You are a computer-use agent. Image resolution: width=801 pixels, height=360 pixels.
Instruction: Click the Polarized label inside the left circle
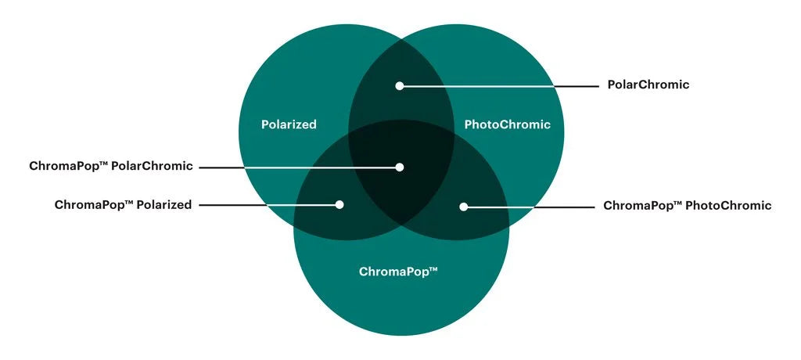pyautogui.click(x=289, y=124)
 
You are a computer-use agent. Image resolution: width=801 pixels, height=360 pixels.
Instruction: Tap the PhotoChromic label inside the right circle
pyautogui.click(x=507, y=124)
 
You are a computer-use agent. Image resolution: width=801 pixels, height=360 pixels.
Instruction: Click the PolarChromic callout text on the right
pyautogui.click(x=648, y=85)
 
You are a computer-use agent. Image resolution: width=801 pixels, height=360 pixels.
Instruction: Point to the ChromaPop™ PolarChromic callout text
pyautogui.click(x=110, y=166)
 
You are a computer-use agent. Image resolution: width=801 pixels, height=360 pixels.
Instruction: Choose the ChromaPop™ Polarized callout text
pyautogui.click(x=123, y=205)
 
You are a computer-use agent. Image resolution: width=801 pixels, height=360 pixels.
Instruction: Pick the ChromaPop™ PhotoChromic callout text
pyautogui.click(x=687, y=206)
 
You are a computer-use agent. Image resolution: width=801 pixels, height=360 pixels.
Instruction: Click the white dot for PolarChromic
pyautogui.click(x=400, y=85)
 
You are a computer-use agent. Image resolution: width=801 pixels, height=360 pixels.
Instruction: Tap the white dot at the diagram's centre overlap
pyautogui.click(x=400, y=167)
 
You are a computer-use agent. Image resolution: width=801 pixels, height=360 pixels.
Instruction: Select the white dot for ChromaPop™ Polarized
pyautogui.click(x=339, y=205)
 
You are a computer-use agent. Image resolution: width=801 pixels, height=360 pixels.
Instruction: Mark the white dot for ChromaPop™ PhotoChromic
pyautogui.click(x=463, y=207)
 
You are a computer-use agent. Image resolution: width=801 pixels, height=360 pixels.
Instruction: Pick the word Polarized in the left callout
pyautogui.click(x=164, y=205)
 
